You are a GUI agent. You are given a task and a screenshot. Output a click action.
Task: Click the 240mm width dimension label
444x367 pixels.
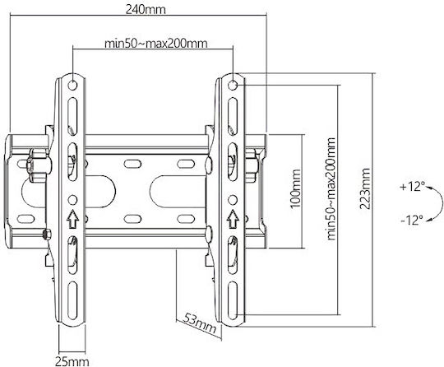(x=146, y=10)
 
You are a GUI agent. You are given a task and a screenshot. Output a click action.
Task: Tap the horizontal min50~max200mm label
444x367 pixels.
(x=156, y=44)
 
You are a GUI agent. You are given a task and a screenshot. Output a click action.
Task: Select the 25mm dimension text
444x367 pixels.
(x=72, y=361)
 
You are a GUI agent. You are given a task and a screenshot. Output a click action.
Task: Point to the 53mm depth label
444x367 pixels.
(x=199, y=323)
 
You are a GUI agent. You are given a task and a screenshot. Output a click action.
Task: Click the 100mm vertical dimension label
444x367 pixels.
(x=295, y=188)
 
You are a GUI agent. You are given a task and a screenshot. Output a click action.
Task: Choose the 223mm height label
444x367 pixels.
(x=365, y=188)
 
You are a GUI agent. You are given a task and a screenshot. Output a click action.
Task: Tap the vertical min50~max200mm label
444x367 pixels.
(x=331, y=189)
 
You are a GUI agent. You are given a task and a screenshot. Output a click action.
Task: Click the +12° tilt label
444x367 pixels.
(x=412, y=187)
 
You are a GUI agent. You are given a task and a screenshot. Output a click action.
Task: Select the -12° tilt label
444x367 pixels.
(x=412, y=220)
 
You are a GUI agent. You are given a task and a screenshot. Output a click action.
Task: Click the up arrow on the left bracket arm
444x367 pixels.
(x=73, y=219)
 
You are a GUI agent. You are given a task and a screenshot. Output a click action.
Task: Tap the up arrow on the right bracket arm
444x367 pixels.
(x=233, y=219)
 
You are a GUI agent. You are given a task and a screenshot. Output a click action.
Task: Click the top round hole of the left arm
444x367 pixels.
(x=73, y=85)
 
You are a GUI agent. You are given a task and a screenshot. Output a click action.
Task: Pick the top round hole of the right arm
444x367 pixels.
(x=233, y=85)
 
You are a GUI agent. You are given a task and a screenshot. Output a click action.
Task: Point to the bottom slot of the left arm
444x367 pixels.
(x=73, y=300)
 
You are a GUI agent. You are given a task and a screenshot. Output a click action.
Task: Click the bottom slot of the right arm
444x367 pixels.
(x=233, y=300)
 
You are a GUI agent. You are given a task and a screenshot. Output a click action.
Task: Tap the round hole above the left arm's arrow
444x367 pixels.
(x=73, y=200)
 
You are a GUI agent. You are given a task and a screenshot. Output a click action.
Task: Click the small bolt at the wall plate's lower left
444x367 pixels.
(x=46, y=235)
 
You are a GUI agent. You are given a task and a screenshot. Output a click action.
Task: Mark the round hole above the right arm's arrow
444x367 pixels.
(x=233, y=200)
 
